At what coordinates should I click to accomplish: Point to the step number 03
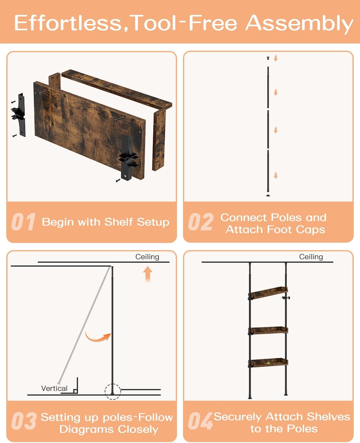coord(24,421)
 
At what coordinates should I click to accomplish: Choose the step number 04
coord(200,421)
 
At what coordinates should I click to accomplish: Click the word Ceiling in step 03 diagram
coord(147,257)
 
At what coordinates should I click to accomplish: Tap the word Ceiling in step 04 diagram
coord(311,257)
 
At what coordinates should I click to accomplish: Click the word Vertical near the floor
coord(54,388)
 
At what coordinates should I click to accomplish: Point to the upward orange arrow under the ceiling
coord(148,274)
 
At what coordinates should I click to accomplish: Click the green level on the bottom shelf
coord(268,363)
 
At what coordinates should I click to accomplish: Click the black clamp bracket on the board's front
coord(128,158)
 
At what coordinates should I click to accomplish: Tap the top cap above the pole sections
coord(268,58)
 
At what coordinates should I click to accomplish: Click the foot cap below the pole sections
coord(268,195)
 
